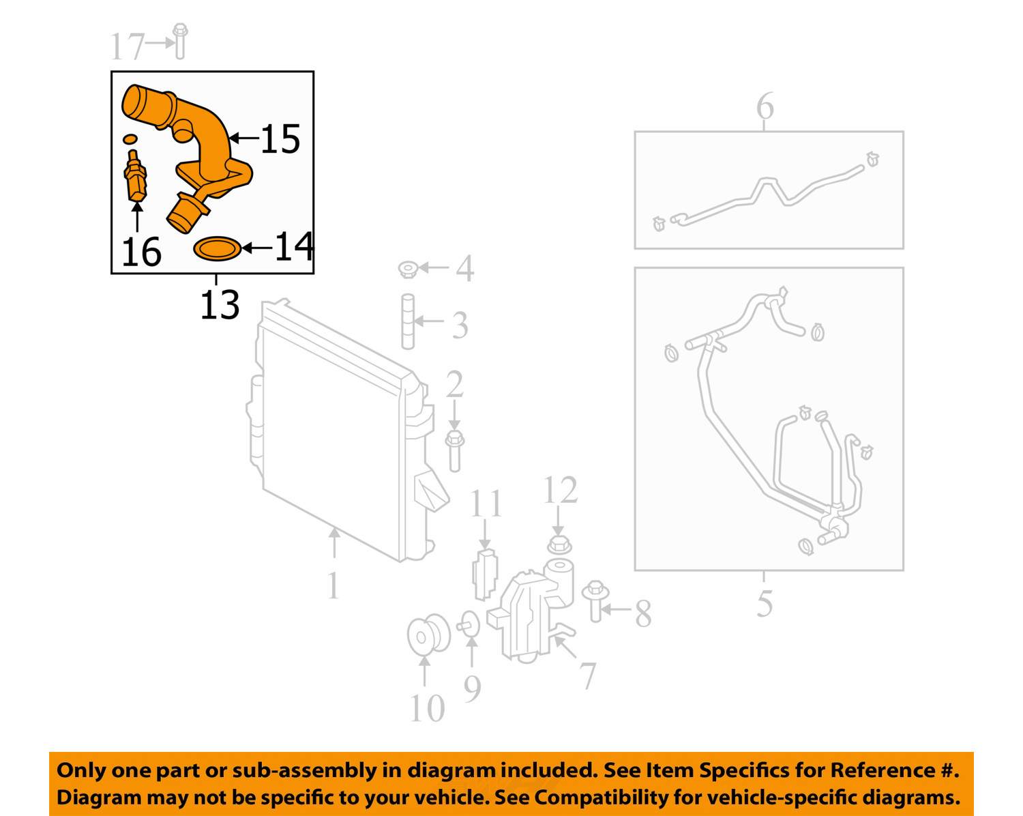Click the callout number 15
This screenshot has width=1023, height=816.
[280, 139]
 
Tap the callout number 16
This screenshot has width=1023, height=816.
[142, 252]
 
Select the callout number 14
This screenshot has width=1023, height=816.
[294, 246]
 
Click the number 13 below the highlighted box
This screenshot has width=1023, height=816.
[220, 304]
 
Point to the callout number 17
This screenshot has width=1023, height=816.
[127, 46]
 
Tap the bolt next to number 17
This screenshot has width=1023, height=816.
[180, 41]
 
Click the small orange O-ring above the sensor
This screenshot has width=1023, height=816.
[130, 139]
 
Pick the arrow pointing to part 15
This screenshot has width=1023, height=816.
[244, 139]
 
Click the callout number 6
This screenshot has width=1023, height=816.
[765, 106]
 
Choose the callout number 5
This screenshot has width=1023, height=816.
[765, 603]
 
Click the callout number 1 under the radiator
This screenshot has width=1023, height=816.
[333, 585]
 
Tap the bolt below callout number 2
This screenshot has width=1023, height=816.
[454, 451]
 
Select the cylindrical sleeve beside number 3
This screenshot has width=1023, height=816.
[408, 321]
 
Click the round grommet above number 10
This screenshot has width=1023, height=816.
[428, 635]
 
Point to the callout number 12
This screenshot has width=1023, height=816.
[561, 490]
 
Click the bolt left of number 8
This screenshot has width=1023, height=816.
[595, 601]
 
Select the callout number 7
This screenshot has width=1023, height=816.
[588, 675]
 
